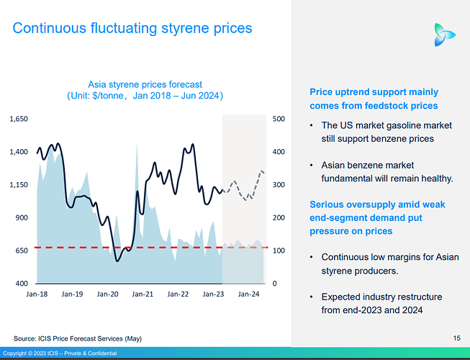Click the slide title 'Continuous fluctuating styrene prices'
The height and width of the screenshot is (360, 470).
(132, 28)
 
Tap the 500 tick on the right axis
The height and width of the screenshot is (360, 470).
(277, 119)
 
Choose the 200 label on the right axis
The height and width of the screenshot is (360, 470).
(277, 217)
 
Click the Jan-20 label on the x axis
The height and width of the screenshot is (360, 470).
(107, 294)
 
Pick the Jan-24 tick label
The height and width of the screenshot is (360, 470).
(249, 294)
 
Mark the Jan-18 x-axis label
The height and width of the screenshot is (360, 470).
(37, 294)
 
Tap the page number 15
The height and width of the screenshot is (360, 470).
(456, 338)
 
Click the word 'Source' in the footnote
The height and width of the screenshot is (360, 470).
(26, 338)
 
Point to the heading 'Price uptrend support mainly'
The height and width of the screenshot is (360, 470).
(374, 92)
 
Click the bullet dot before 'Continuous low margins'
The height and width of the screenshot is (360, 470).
(311, 257)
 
